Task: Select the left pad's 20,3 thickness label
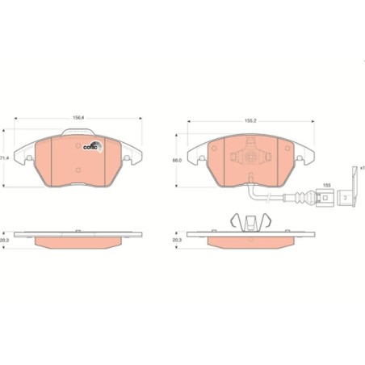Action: pyautogui.click(x=6, y=239)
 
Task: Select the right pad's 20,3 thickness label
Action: pyautogui.click(x=177, y=240)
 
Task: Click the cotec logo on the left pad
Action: pyautogui.click(x=90, y=146)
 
